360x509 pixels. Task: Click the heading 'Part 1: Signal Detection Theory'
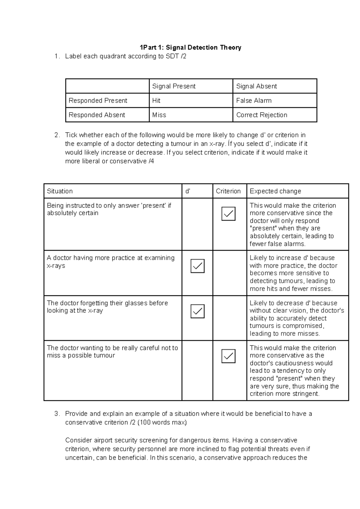[190, 47]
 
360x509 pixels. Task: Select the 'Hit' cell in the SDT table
[156, 101]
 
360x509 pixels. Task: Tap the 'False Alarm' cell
[254, 101]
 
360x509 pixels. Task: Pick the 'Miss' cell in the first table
[159, 115]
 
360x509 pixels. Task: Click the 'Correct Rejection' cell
[262, 115]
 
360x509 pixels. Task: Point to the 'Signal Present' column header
[174, 86]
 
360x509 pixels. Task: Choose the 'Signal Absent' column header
[256, 86]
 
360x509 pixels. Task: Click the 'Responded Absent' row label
[97, 115]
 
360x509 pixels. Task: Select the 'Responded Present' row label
[98, 101]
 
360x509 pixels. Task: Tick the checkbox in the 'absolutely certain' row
[228, 214]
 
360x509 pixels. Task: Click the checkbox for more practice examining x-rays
[197, 266]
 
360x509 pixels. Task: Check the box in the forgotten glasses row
[197, 311]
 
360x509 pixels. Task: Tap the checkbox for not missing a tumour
[228, 356]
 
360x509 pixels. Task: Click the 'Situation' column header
[60, 191]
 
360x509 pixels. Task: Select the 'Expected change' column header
[275, 191]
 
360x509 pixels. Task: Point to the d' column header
[188, 191]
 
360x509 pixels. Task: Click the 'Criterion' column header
[228, 191]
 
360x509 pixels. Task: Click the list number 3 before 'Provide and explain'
[57, 414]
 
